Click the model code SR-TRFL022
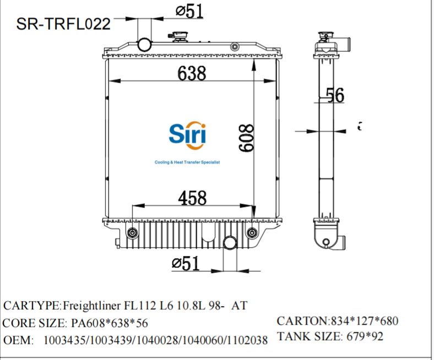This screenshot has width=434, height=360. pos(63,24)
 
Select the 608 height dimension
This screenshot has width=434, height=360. pos(246,138)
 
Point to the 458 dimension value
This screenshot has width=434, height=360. pos(192,197)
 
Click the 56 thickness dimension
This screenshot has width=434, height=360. pos(335,95)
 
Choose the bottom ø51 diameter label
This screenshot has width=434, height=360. pos(186,264)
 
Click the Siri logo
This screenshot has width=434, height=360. pos(187,134)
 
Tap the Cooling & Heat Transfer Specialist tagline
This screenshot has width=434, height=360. pos(187,163)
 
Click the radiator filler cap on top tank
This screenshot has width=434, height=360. pos(180,37)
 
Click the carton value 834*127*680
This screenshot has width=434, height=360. pos(364,321)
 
